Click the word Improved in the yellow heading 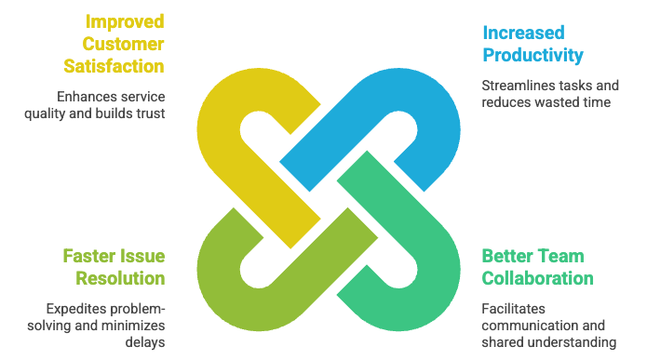point(125,22)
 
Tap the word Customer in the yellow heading point(123,44)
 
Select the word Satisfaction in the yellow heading point(114,66)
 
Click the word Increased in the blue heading point(523,33)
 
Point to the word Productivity point(533,55)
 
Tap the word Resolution point(120,278)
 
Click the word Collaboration point(538,278)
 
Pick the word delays point(145,341)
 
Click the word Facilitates point(513,309)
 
